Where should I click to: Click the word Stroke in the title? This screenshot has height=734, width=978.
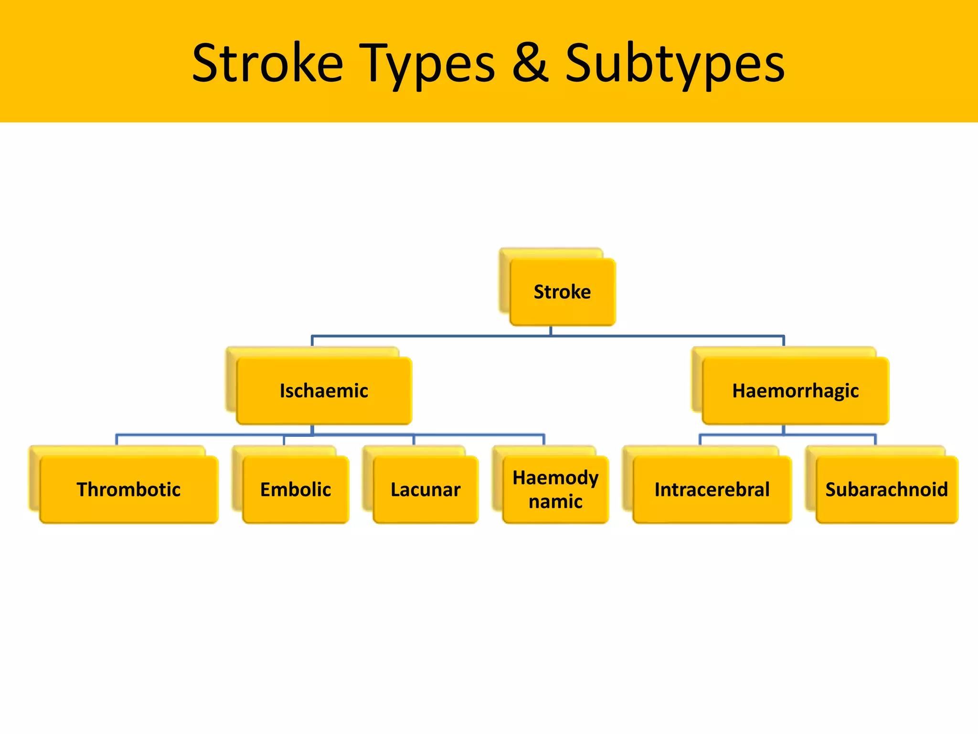pyautogui.click(x=267, y=63)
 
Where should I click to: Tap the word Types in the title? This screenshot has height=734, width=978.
pyautogui.click(x=427, y=65)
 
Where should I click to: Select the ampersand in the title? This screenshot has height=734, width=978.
pyautogui.click(x=530, y=62)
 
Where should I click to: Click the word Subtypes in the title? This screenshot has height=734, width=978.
pyautogui.click(x=675, y=65)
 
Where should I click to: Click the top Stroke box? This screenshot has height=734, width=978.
pyautogui.click(x=562, y=292)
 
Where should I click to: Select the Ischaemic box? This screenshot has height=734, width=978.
pyautogui.click(x=324, y=391)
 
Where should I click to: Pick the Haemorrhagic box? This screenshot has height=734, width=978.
pyautogui.click(x=795, y=391)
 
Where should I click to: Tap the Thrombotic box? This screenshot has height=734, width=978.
pyautogui.click(x=128, y=490)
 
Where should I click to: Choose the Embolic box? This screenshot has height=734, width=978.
pyautogui.click(x=296, y=490)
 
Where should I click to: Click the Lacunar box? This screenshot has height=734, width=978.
pyautogui.click(x=425, y=490)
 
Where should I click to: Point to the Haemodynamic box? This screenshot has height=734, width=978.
pyautogui.click(x=555, y=490)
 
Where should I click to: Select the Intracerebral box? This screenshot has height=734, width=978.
pyautogui.click(x=712, y=490)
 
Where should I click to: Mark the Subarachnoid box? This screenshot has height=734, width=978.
pyautogui.click(x=887, y=490)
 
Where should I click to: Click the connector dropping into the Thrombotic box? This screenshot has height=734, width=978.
pyautogui.click(x=117, y=440)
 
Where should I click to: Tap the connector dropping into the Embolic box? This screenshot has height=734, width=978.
pyautogui.click(x=284, y=440)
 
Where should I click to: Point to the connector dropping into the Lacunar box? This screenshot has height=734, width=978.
pyautogui.click(x=414, y=440)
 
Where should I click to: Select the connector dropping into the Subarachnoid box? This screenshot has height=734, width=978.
pyautogui.click(x=875, y=440)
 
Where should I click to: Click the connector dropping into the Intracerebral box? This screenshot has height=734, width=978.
pyautogui.click(x=700, y=440)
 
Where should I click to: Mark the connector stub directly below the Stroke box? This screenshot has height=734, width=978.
pyautogui.click(x=551, y=331)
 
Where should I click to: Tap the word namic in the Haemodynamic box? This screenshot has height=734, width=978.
pyautogui.click(x=555, y=502)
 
